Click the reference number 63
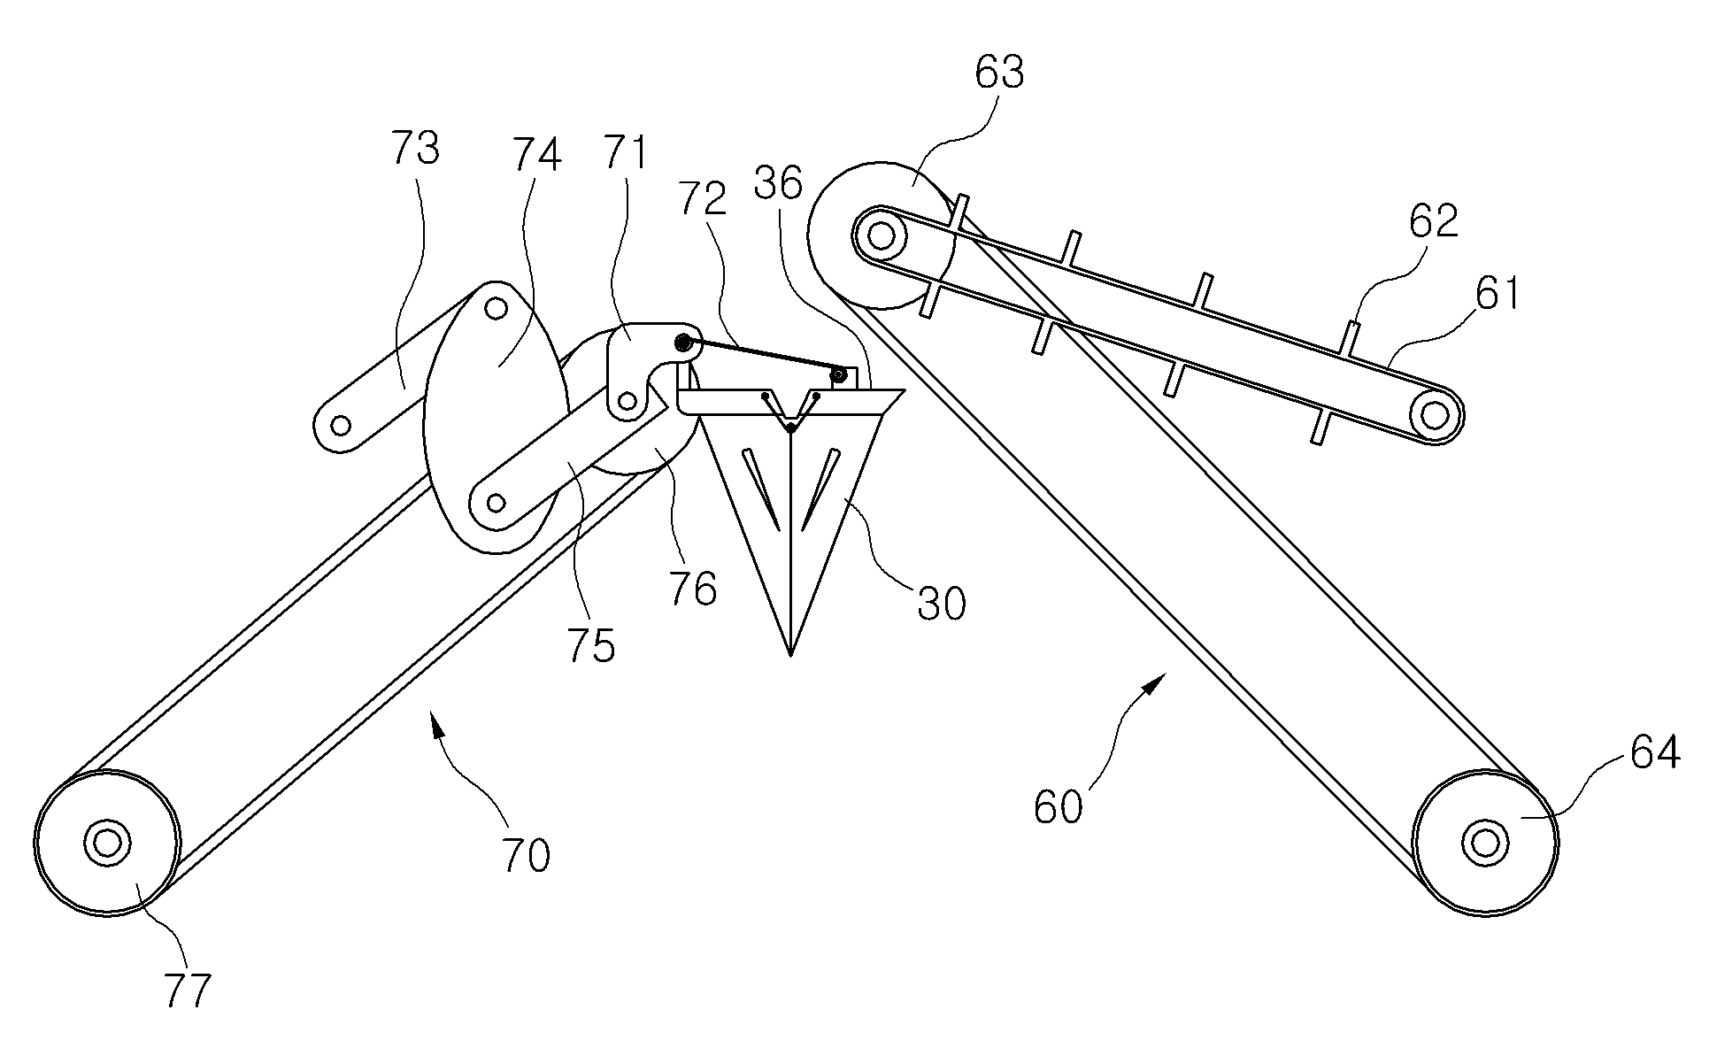coord(999,72)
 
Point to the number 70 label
coord(526,856)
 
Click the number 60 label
coord(1058,808)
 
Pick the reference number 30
coord(941,604)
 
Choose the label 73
coord(415,148)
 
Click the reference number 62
coord(1434,220)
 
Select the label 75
coord(591,647)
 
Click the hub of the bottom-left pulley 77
coord(106,842)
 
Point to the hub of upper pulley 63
coord(881,235)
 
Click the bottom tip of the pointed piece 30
coord(790,656)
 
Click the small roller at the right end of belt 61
coord(1434,413)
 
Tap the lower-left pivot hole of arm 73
coord(340,427)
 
